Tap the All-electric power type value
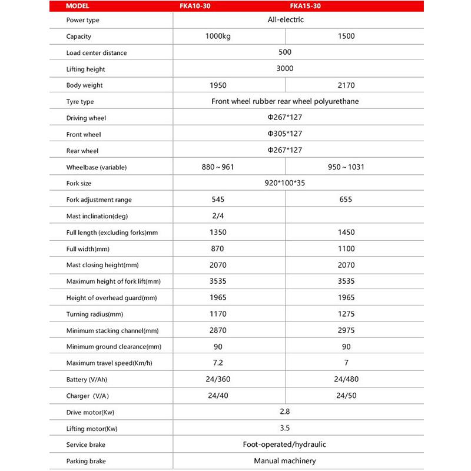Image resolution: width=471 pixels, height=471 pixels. click(285, 19)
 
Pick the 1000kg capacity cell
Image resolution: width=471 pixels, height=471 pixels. click(218, 36)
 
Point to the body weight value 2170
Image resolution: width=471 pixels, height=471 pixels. click(346, 85)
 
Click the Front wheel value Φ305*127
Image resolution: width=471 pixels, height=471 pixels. click(285, 134)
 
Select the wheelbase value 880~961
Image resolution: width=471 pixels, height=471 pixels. click(218, 167)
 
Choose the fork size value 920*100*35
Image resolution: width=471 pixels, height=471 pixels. click(285, 183)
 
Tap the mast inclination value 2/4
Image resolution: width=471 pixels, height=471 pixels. click(218, 216)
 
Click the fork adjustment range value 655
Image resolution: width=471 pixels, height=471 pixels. click(346, 200)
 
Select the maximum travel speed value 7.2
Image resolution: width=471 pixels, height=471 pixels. click(218, 363)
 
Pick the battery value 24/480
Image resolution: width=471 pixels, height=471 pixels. click(346, 379)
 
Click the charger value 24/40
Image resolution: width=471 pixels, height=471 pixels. click(218, 396)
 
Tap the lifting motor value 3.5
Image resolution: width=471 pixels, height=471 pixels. click(285, 429)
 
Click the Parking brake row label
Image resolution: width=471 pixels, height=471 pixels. click(86, 461)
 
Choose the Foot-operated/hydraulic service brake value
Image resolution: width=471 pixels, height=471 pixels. click(285, 445)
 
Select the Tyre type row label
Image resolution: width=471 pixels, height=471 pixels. click(80, 102)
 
